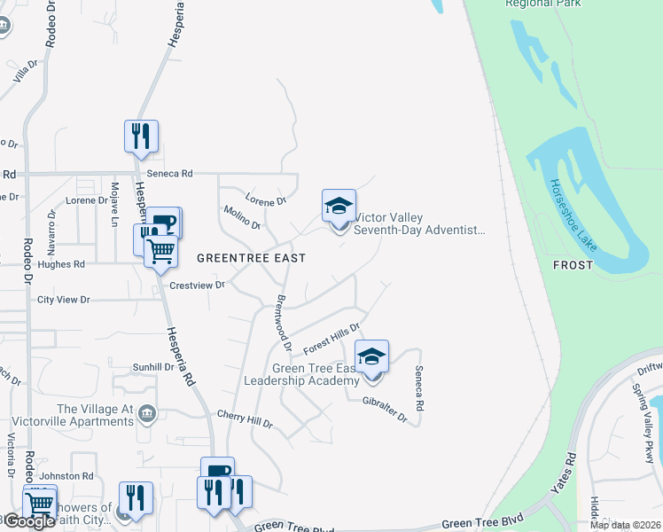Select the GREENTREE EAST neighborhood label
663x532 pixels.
tap(251, 258)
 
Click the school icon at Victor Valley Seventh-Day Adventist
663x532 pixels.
tap(339, 207)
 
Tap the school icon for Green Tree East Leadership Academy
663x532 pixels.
tap(372, 357)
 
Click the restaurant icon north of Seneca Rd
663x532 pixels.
tap(141, 137)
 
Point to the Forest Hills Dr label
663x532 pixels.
tap(330, 337)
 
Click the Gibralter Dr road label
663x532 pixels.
tap(384, 408)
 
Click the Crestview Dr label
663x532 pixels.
tap(197, 286)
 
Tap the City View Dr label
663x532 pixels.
tap(64, 301)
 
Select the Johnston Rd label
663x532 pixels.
tap(69, 477)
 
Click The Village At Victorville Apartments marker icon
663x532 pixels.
tap(147, 412)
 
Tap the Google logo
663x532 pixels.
tap(29, 521)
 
